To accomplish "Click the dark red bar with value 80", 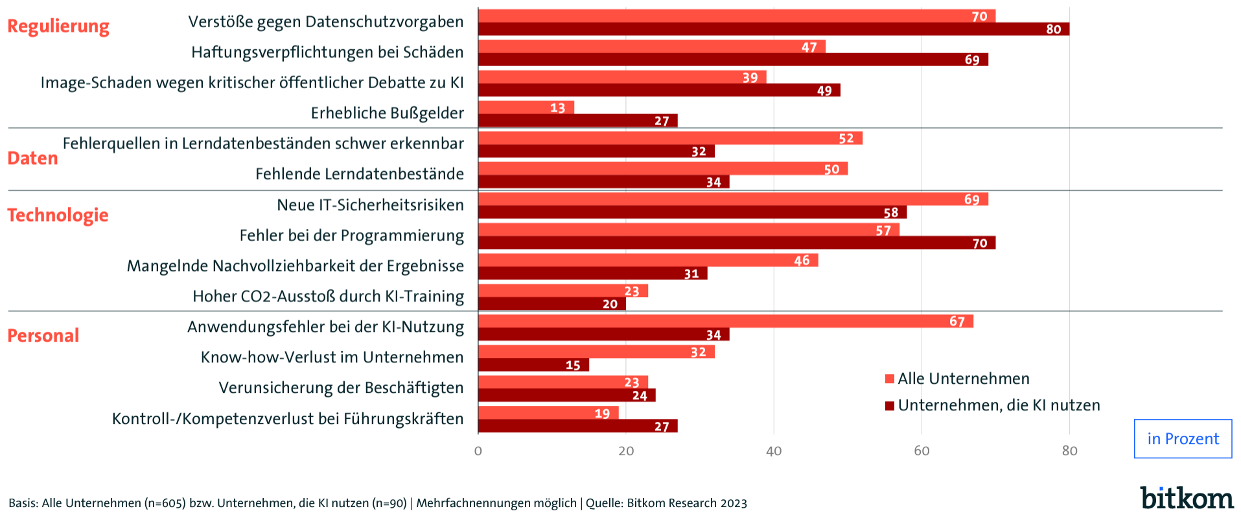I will (773, 29).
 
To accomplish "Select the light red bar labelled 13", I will (526, 108).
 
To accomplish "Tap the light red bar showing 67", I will (725, 322).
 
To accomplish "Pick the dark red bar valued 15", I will (533, 365).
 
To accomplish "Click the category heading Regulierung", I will (58, 27).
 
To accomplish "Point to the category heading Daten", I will (32, 158).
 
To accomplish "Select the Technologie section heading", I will (58, 215).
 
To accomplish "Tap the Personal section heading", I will (43, 336).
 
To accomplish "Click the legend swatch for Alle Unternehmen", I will (890, 379).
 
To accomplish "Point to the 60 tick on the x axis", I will (922, 451).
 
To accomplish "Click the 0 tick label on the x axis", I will (478, 451).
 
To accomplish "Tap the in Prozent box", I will (1183, 439).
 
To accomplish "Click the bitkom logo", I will (1187, 498).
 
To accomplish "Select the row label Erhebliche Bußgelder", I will (387, 113).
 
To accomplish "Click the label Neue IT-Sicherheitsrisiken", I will (370, 206).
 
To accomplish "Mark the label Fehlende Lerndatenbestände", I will (360, 174).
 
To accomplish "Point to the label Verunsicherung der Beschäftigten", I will (341, 388).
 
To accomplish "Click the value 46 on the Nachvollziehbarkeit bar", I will (802, 261).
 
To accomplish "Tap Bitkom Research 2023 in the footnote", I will (686, 503).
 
